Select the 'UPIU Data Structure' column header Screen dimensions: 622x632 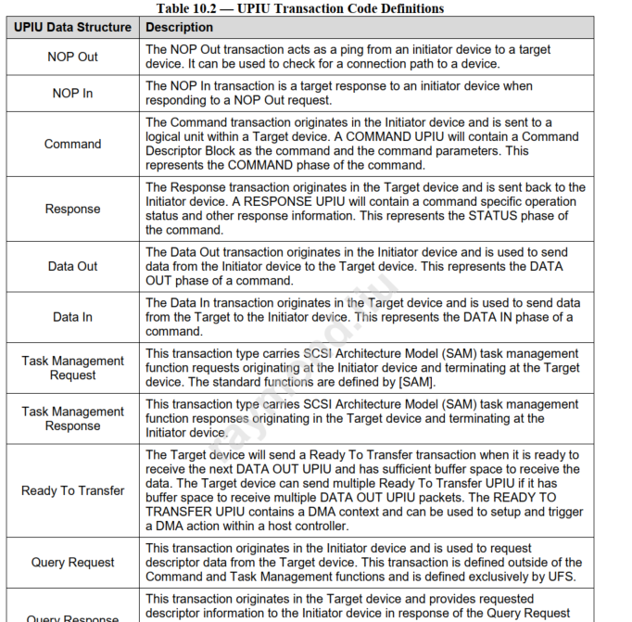tap(72, 27)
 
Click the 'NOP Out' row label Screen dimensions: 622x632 tap(72, 57)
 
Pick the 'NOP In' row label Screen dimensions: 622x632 tap(72, 94)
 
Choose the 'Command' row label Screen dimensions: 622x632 tap(72, 144)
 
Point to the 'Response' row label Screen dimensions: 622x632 tap(72, 209)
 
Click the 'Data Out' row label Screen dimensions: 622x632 tap(72, 266)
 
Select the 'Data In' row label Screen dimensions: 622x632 tap(72, 317)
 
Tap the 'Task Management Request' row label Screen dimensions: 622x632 tap(72, 368)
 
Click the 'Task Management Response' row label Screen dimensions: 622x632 tap(72, 419)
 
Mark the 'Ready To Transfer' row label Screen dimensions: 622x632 tap(72, 490)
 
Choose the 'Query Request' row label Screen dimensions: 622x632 tap(72, 563)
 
